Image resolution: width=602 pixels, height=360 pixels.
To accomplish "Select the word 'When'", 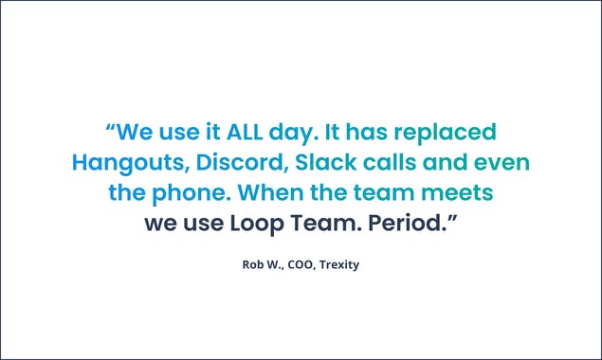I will coord(268,193).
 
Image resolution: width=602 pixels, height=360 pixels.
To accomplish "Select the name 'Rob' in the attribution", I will coord(253,264).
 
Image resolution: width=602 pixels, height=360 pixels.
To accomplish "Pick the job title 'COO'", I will coord(303,264).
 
